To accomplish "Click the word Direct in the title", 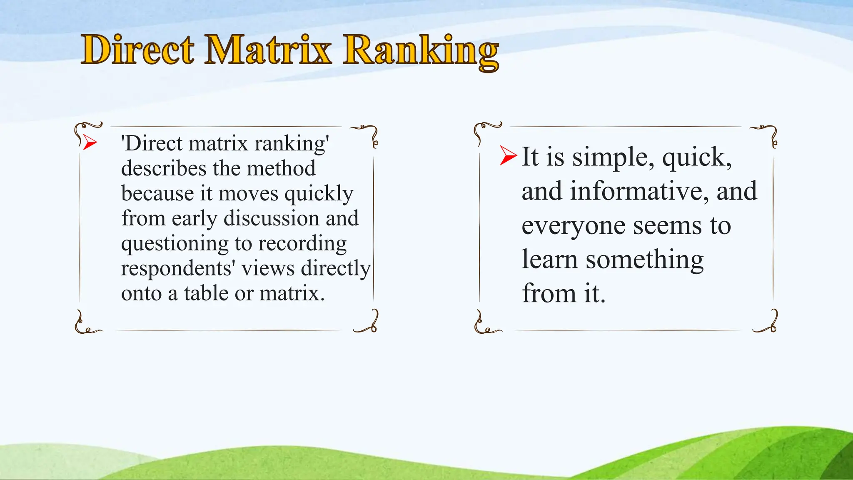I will click(138, 50).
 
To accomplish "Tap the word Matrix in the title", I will click(268, 50).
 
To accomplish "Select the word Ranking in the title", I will click(421, 52).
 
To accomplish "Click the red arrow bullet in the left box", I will click(90, 143).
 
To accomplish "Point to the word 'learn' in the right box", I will click(550, 260).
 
